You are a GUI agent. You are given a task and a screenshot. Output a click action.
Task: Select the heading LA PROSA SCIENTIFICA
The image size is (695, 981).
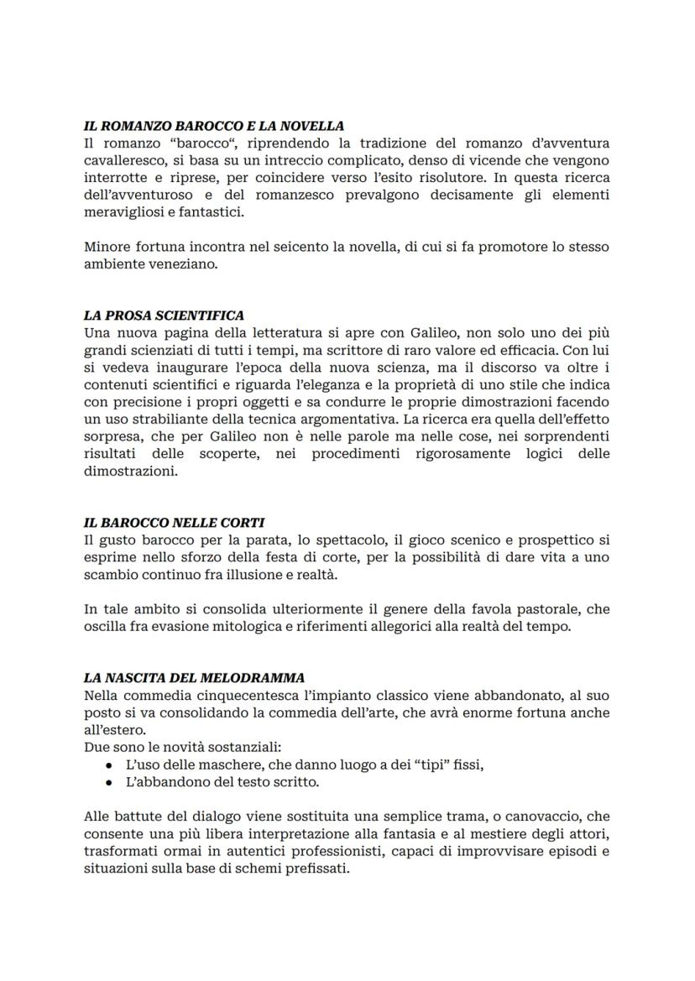pos(164,316)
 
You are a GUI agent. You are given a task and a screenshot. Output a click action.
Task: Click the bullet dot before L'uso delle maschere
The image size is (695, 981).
pos(109,765)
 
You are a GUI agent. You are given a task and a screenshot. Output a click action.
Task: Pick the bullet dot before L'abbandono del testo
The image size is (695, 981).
pos(109,782)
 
